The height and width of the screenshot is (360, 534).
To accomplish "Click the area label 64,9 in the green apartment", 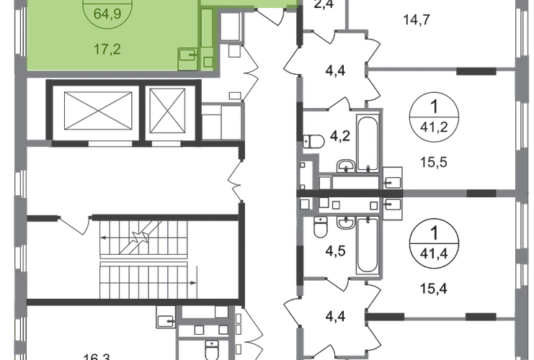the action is (107, 14).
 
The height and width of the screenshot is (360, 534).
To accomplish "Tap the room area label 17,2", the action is (107, 50).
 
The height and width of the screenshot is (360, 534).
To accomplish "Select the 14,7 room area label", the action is (417, 20).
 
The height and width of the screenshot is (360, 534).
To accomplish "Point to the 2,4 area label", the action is (324, 4).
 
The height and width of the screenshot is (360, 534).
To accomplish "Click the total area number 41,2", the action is (434, 127).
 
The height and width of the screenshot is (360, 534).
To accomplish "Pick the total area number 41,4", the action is (434, 254).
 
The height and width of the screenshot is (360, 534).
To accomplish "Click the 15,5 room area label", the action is (434, 162).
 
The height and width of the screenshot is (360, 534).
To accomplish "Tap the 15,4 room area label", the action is (434, 289).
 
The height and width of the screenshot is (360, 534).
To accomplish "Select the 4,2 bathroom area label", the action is (340, 136).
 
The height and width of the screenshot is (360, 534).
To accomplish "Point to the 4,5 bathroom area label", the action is (335, 251).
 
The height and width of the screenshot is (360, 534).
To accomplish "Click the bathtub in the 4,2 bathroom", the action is (368, 143).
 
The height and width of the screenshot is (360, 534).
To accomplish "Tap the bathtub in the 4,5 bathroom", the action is (368, 246).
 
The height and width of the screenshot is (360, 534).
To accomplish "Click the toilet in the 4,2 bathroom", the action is (313, 141).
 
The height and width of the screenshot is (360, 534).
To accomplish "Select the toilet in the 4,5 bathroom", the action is (320, 227).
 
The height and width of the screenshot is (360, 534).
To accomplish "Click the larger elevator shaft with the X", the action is (98, 111).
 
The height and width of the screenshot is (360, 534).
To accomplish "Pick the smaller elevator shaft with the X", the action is (168, 111).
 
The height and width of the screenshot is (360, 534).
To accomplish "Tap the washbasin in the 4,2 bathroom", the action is (346, 166).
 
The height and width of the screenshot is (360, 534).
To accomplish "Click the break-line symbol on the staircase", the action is (141, 236).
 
